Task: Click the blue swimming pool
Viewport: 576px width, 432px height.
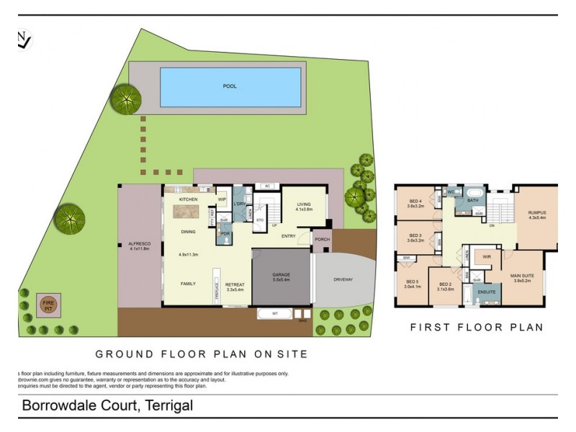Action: tap(230, 87)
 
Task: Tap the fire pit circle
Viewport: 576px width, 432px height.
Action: tap(48, 305)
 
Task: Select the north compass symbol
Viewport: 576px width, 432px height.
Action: tap(24, 40)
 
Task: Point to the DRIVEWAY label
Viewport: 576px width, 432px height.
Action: tap(343, 279)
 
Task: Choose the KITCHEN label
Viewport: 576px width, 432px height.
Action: tap(188, 199)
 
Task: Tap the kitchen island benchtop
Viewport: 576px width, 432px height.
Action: tap(186, 212)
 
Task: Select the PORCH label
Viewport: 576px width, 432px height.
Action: tap(322, 240)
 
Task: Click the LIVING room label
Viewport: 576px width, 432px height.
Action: tap(303, 204)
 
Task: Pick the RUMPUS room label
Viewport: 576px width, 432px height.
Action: tap(537, 212)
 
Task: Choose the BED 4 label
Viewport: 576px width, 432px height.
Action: tap(415, 201)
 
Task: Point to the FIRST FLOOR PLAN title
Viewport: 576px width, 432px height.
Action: tap(476, 327)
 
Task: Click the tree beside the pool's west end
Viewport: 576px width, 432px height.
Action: tap(126, 98)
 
